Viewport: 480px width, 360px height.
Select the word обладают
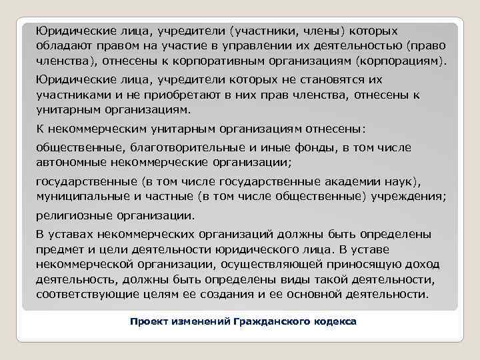click(63, 46)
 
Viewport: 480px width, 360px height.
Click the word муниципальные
click(79, 197)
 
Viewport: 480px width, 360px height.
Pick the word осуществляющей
click(283, 265)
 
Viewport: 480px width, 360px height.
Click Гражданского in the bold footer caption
click(273, 321)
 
